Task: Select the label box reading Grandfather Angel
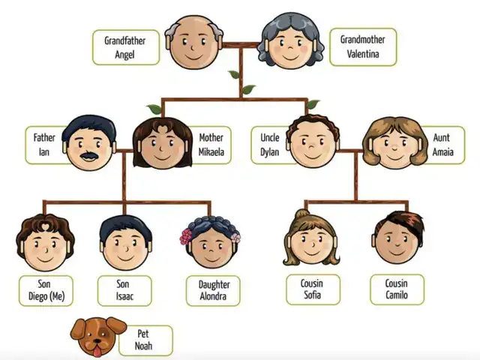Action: (x=125, y=47)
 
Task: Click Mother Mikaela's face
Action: (x=163, y=145)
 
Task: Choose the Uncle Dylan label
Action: (x=269, y=145)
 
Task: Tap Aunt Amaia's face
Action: (x=391, y=146)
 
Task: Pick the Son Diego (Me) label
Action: (x=46, y=290)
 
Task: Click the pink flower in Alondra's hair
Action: (x=186, y=238)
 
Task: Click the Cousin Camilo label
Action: (x=397, y=289)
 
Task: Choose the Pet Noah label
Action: (x=145, y=340)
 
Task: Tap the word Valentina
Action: (x=360, y=53)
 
